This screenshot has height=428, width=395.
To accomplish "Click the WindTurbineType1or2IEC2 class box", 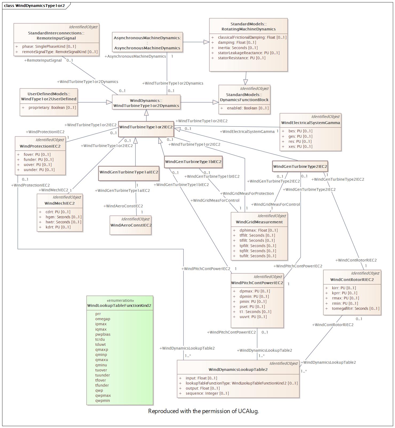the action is pos(146,129).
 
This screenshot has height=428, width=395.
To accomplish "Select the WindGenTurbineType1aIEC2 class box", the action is pos(129,173).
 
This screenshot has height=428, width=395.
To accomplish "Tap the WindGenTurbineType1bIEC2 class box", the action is pos(193,162).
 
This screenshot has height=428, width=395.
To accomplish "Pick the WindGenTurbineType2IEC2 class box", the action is pos(300,166).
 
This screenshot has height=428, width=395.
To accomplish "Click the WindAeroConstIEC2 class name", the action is pos(131,225).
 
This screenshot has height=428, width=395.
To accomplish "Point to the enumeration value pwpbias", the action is pos(103,334).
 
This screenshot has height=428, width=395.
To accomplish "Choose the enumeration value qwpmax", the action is pos(103,395).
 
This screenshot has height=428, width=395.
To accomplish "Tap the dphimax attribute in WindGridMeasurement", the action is pos(259,230).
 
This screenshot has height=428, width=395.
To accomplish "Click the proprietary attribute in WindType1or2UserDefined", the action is pos(52,108).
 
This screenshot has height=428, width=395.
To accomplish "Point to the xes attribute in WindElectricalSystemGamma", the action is pos(300,146).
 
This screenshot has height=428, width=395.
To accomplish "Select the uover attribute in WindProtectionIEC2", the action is pos(38,165).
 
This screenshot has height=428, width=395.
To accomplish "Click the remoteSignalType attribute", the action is pos(60,52).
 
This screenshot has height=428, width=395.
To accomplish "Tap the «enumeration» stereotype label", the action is pos(120,300).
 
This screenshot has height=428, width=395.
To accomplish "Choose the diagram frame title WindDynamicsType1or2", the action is pos(40,5).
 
